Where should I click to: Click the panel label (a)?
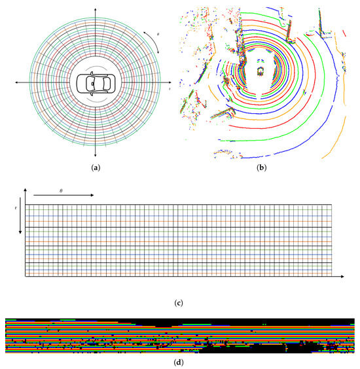(x=96, y=167)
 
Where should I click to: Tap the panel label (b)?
(x=262, y=167)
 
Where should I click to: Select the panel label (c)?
(x=179, y=303)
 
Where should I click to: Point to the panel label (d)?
(x=179, y=362)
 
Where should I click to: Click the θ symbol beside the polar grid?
(x=158, y=34)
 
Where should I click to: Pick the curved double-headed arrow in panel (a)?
(x=154, y=41)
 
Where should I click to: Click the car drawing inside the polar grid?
(x=96, y=83)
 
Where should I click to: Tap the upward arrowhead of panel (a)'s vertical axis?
(x=96, y=9)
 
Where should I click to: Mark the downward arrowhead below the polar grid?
(x=96, y=155)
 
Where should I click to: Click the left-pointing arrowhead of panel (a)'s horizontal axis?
(x=16, y=82)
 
